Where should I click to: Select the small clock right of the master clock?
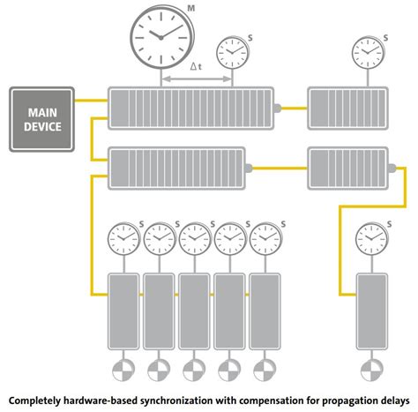(x=232, y=54)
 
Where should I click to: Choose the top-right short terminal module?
(x=343, y=108)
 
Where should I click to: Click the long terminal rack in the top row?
(x=189, y=108)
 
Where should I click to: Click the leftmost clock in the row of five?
(x=122, y=237)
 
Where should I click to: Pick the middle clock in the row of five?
(x=194, y=237)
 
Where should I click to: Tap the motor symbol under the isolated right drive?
(x=369, y=369)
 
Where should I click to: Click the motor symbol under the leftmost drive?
(x=123, y=369)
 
